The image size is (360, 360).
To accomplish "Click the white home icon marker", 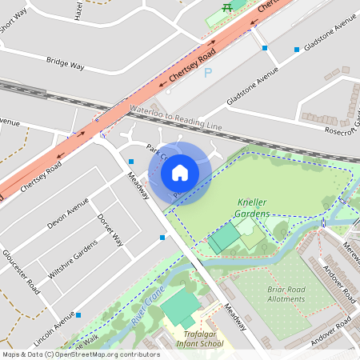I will click(180, 172).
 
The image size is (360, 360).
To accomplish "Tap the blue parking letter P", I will click(209, 74).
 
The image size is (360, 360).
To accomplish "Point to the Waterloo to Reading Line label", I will click(174, 118).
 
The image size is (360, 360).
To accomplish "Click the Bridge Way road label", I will click(66, 62).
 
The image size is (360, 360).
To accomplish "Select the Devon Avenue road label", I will click(67, 214).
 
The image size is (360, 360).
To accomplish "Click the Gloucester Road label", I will click(21, 272).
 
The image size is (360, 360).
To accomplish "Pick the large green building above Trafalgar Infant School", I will click(182, 307).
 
